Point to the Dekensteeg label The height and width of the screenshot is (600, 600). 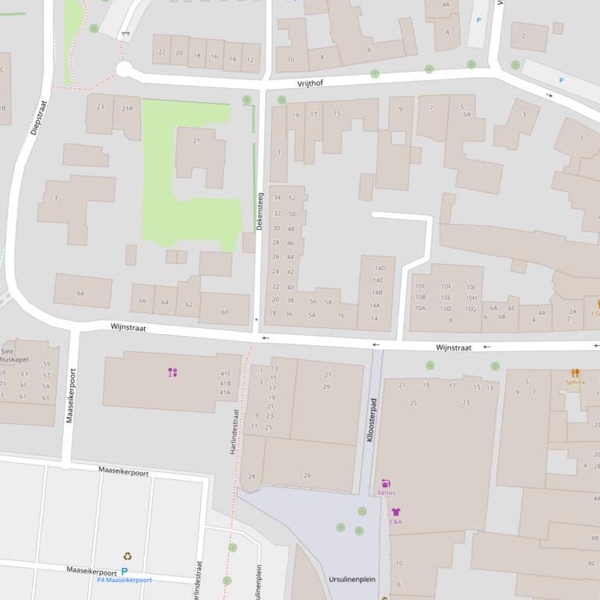point(260,211)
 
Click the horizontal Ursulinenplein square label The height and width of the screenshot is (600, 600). point(351,581)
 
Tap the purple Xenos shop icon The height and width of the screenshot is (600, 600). point(386,483)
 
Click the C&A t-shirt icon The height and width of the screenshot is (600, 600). point(395,512)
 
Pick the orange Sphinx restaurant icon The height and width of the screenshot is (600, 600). point(575,372)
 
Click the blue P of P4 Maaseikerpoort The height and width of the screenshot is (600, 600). point(124,572)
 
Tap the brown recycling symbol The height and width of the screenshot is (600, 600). point(127,556)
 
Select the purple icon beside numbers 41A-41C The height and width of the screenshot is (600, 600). point(173,372)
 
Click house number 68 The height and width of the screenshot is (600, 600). point(80,294)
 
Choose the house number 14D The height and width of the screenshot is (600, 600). point(379,268)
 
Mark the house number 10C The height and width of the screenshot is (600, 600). point(420,286)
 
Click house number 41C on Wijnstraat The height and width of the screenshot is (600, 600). point(225,373)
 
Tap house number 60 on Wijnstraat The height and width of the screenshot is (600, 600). point(224,312)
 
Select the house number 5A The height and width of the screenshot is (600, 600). point(466,115)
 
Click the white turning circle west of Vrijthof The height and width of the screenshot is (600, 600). point(124,70)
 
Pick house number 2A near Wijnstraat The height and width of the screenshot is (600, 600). point(573,312)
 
